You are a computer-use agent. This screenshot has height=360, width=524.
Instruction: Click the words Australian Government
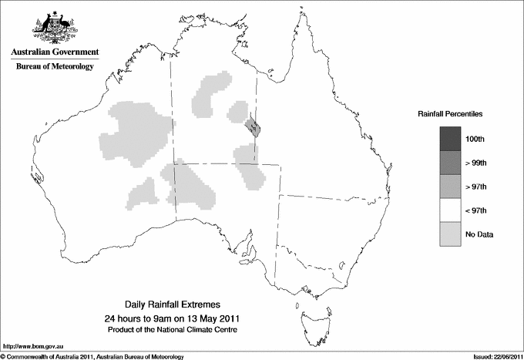coord(55,52)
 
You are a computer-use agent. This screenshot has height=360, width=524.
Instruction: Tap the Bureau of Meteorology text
coord(55,67)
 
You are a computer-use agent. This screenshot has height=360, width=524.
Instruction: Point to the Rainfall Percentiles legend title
coord(450,114)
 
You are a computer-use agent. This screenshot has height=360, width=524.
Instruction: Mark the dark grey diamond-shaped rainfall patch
coord(252,126)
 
